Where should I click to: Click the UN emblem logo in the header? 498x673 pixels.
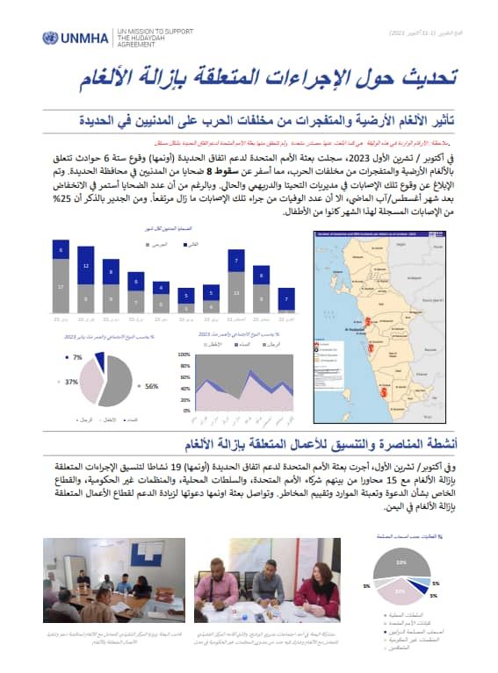coord(51,39)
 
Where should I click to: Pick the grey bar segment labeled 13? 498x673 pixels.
coord(236,292)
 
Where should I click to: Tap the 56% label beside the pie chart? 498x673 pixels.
coord(152,385)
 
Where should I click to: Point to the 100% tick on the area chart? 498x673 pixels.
coord(184,354)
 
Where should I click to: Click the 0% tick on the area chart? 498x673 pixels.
coord(187,410)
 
